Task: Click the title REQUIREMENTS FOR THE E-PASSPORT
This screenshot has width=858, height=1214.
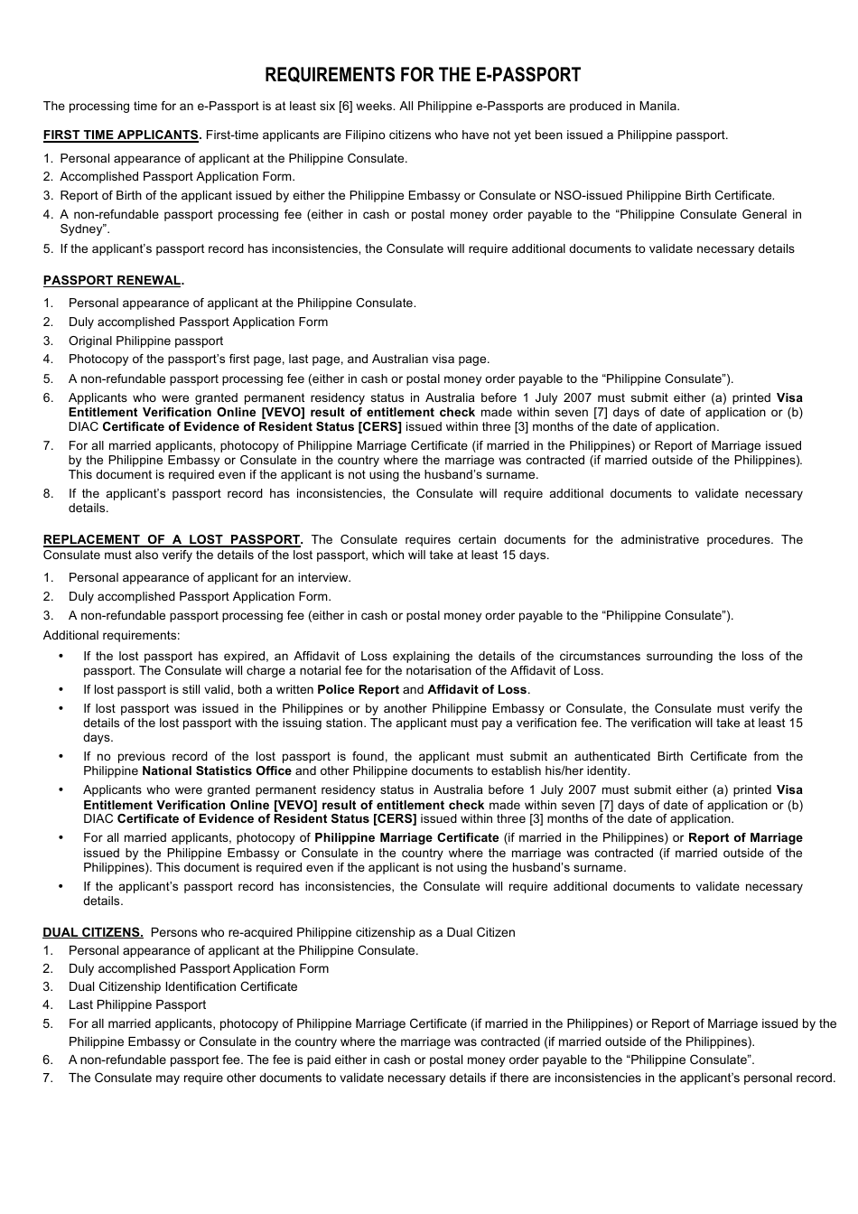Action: (x=423, y=75)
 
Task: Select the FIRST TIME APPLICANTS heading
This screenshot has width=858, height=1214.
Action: (x=122, y=135)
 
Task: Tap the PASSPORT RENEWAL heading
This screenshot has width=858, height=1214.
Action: (x=113, y=281)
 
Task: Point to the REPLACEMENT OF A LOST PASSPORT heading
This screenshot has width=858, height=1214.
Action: (x=173, y=540)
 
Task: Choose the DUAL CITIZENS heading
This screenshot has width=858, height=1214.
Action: (x=93, y=932)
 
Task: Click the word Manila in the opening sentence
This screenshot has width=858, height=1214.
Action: (x=658, y=106)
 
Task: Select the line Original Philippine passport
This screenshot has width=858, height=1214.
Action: (x=145, y=341)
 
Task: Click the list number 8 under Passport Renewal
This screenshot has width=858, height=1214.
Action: (x=48, y=494)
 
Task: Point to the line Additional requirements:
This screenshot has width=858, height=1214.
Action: (x=111, y=635)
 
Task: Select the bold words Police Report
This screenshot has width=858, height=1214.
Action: (x=358, y=689)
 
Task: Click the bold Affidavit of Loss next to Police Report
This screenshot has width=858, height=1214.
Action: (x=477, y=689)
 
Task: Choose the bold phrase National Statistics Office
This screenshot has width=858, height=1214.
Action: (x=217, y=770)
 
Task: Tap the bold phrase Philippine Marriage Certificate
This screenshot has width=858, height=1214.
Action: (x=406, y=837)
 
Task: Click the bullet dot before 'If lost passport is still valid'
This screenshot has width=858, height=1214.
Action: (x=61, y=689)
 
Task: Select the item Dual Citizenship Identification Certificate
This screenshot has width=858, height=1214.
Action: (x=182, y=986)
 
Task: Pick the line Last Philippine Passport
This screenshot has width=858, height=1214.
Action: (x=137, y=1004)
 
